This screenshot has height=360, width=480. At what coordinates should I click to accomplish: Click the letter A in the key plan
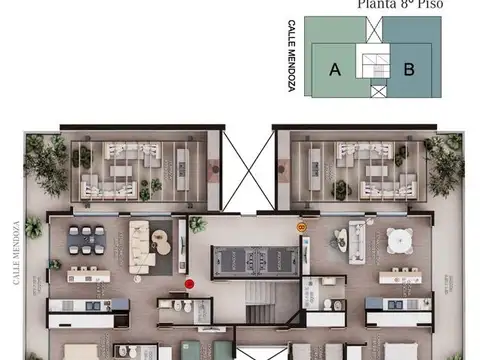point(335,69)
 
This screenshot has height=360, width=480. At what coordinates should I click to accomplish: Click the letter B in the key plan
point(408,69)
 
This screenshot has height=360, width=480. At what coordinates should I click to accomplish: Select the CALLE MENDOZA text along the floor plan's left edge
point(17,252)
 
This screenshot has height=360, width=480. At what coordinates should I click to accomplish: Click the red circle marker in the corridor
point(189,284)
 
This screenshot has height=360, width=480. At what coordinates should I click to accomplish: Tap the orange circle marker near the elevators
point(301,228)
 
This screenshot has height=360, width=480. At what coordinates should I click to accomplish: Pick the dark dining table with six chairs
point(87,239)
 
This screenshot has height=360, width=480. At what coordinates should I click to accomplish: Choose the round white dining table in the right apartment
point(399,240)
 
